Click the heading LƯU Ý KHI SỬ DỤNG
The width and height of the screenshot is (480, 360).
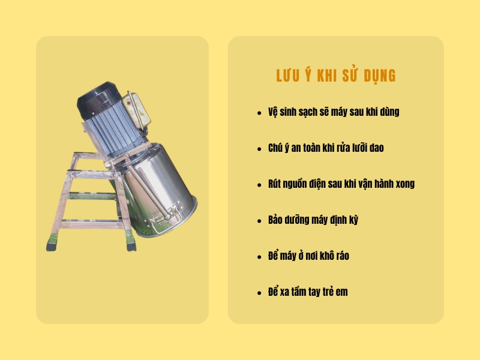pos(335,76)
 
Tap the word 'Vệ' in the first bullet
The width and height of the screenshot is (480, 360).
pos(273,112)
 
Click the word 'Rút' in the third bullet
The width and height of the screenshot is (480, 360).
pos(275,184)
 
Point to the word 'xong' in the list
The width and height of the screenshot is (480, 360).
pos(403,184)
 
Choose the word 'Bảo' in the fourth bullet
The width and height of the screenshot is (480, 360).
pos(275,220)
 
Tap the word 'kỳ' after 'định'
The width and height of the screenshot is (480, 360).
pos(352,220)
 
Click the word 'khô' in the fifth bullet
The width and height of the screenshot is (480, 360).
pos(326,256)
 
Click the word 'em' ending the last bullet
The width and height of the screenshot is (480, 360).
pos(342,292)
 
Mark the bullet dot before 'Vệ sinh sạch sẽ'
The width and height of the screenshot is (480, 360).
pos(259,113)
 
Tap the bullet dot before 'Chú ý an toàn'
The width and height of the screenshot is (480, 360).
pos(259,149)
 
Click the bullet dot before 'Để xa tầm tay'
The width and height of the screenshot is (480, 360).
pos(259,293)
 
